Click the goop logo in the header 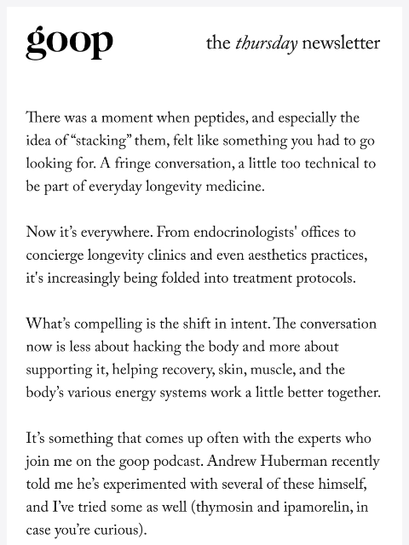point(69,42)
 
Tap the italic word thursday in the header point(266,43)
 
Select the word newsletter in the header point(341,43)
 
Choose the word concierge point(59,255)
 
